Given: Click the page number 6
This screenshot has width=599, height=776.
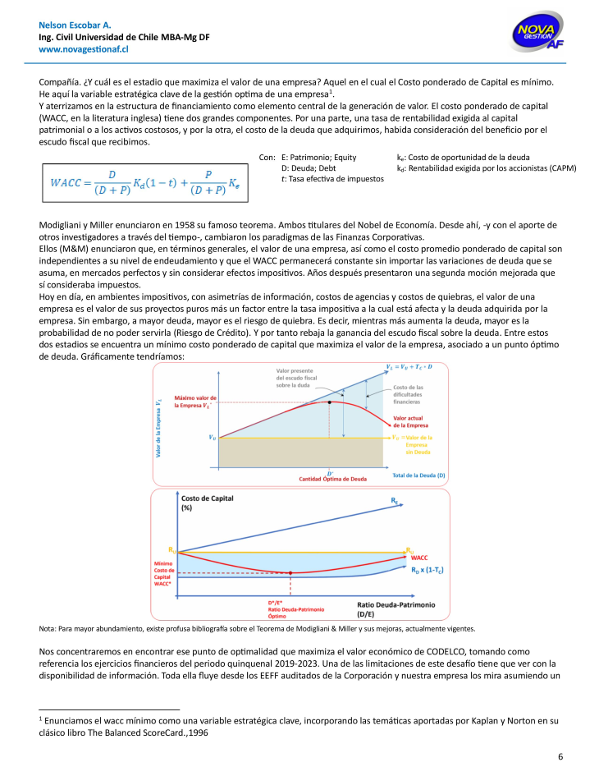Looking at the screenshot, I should [x=560, y=756].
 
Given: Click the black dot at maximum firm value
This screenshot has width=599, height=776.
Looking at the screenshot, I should [x=330, y=402].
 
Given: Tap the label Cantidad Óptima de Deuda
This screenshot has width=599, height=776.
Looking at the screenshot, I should [x=332, y=479].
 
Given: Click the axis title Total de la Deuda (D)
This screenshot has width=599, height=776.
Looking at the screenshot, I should [x=419, y=475].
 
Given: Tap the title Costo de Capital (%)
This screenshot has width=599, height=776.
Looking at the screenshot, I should [x=201, y=503].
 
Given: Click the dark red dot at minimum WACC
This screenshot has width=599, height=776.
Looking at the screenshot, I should [x=291, y=572].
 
